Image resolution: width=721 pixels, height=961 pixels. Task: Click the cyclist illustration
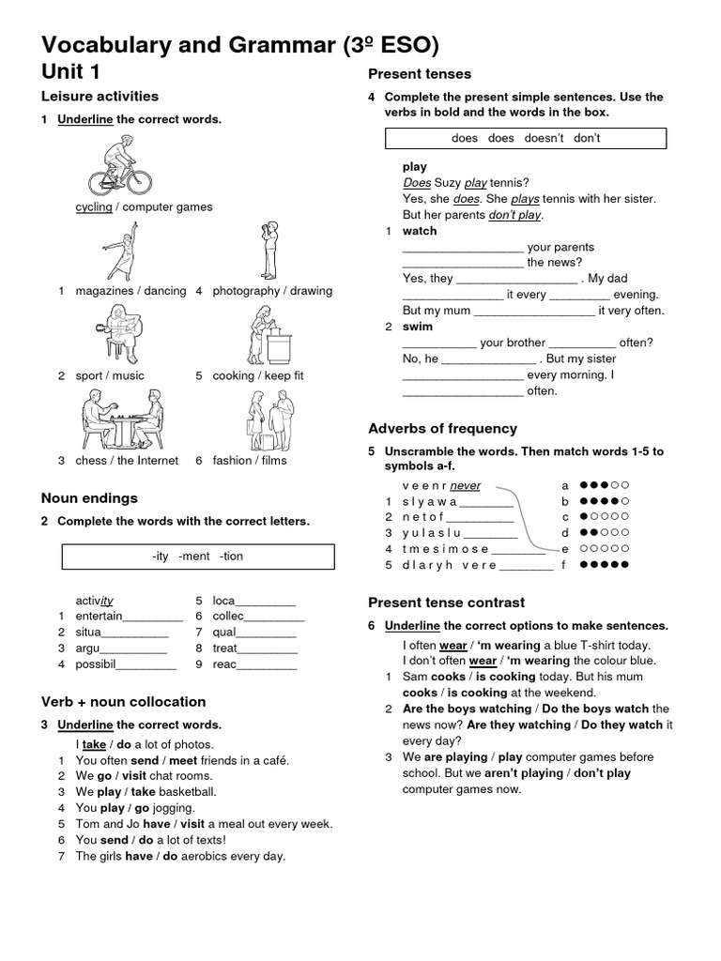coord(120,166)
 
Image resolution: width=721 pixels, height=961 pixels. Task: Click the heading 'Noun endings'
coord(89,498)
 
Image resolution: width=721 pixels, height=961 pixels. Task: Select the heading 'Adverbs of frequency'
coord(442,429)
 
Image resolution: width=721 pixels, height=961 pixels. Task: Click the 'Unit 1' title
coord(70,71)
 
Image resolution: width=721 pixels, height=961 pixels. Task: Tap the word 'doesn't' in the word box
coord(544,139)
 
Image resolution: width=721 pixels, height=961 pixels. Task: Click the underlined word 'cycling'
coord(94,207)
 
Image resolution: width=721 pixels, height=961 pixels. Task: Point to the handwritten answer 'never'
coord(465,486)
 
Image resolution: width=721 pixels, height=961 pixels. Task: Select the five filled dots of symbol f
coord(604,565)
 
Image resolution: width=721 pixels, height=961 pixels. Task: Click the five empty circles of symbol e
coord(604,549)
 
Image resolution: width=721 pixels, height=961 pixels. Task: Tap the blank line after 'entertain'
coord(153,617)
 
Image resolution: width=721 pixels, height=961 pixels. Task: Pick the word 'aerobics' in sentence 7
coord(207,856)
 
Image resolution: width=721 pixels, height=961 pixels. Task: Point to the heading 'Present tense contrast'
coord(446,603)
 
